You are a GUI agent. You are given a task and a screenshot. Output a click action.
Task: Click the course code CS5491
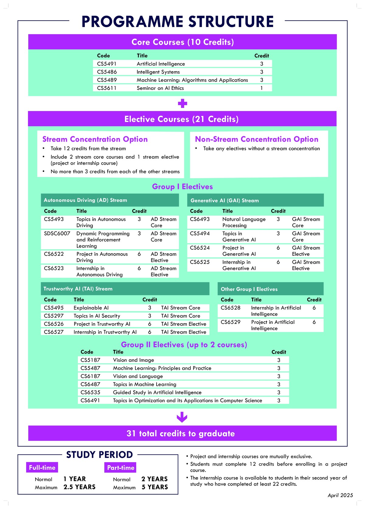(107, 64)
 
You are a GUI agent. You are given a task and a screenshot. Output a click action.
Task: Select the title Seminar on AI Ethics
(160, 88)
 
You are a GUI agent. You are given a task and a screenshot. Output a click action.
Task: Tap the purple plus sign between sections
(182, 104)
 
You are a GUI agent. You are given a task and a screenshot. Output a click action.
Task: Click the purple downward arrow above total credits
(182, 417)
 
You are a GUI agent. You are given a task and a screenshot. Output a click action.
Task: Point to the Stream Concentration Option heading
(95, 139)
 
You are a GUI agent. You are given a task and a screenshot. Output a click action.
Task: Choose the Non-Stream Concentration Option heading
(256, 139)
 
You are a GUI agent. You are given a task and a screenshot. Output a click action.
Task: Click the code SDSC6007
(57, 234)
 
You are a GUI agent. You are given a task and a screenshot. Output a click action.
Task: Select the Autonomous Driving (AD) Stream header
(85, 200)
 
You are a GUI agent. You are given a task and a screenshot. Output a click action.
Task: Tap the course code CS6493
(200, 219)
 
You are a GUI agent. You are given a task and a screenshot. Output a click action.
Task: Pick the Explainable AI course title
(91, 308)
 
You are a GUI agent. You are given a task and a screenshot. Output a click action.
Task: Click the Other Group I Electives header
(249, 289)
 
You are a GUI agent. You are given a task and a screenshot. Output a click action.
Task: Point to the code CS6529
(231, 322)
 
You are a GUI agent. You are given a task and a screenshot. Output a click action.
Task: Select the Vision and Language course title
(138, 376)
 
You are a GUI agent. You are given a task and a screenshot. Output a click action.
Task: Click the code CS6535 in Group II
(90, 393)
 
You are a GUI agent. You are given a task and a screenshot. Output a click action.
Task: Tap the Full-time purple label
(42, 468)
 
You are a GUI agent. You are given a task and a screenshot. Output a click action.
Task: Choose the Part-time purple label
(121, 468)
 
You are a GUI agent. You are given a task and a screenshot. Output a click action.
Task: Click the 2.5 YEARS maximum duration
(79, 487)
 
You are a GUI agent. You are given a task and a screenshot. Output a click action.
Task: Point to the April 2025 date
(340, 495)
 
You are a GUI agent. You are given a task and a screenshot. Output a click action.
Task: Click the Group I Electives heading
(182, 187)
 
